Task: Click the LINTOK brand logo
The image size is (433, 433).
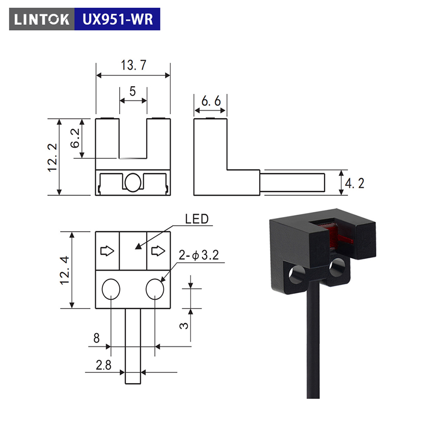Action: (42, 19)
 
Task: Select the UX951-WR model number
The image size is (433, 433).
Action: (118, 19)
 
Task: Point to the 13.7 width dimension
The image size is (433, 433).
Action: (133, 65)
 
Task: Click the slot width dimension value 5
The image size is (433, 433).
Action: (133, 91)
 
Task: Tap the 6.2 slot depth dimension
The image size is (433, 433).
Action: (75, 138)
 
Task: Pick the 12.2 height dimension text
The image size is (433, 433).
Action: (52, 158)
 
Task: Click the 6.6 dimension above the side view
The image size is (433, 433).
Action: (211, 101)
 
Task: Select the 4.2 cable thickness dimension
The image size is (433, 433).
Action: (355, 183)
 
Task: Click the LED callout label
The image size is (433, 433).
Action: (197, 219)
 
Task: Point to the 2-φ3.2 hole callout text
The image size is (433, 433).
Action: (199, 255)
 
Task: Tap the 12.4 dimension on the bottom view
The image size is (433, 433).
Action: (65, 270)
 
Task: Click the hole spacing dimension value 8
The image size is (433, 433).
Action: (96, 338)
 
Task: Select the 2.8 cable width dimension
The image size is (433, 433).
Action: (103, 365)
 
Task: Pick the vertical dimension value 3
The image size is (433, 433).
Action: (184, 326)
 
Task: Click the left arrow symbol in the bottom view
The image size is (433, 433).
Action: (107, 251)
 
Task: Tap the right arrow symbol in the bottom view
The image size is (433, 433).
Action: (158, 251)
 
